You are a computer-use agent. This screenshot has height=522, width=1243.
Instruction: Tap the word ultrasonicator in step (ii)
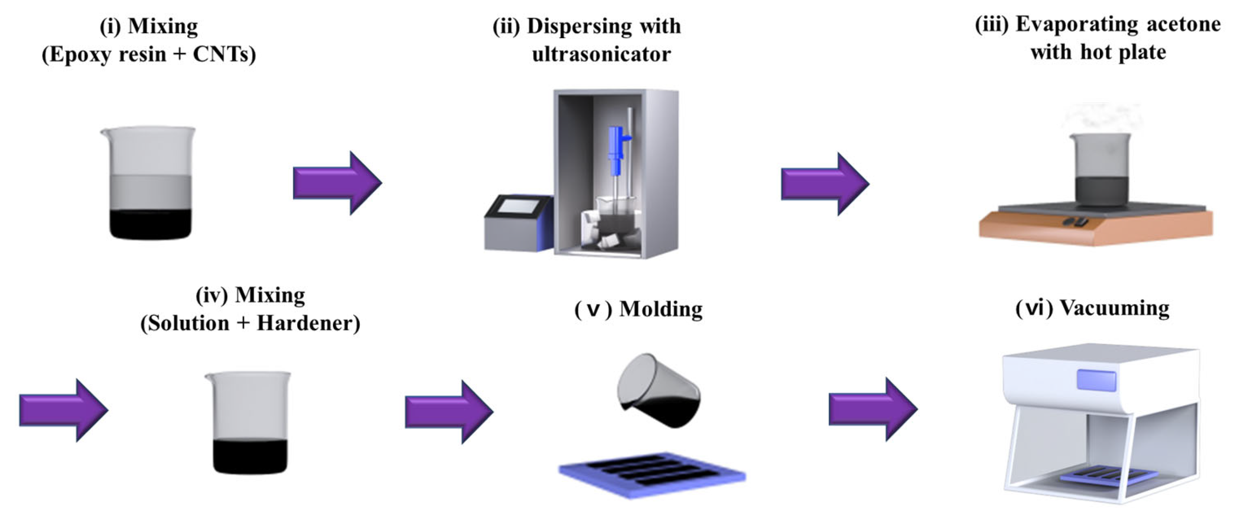tap(601, 54)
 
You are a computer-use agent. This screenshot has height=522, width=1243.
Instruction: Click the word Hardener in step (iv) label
tap(308, 323)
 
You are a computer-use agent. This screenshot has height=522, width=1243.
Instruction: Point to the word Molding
tap(660, 309)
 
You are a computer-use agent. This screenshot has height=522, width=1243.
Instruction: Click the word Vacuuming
tap(1115, 308)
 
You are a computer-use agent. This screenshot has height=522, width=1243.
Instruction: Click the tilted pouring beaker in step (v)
tap(658, 391)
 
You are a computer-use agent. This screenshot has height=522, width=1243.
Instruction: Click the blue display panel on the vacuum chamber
tap(1096, 380)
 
